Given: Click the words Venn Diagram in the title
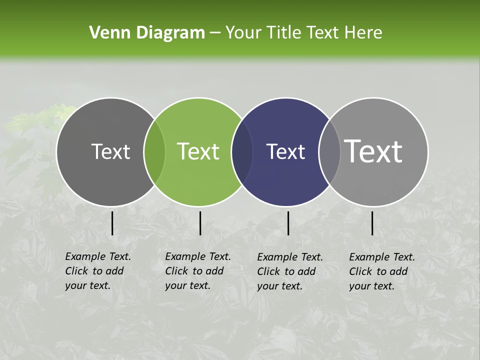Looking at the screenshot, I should [x=146, y=33].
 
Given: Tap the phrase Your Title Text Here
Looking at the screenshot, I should [x=303, y=33].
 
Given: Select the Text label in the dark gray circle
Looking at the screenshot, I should [x=110, y=151].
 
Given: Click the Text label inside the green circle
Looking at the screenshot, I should [x=198, y=151].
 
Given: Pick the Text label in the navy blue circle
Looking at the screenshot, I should [x=285, y=151].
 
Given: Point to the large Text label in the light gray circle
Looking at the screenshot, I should [x=373, y=151].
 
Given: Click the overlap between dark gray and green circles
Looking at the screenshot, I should [x=154, y=152].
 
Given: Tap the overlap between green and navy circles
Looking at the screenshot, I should [x=242, y=152].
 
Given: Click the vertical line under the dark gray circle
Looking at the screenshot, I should [x=112, y=223].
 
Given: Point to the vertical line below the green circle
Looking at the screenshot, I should [x=200, y=223].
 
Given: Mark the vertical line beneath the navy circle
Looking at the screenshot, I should [x=288, y=223].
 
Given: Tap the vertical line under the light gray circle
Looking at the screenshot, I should [x=372, y=223].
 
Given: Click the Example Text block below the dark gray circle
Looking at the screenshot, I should [x=97, y=271].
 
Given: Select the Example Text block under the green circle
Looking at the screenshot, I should [x=197, y=271].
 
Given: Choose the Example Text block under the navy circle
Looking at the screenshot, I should [x=289, y=271].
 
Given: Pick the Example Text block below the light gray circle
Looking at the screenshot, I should [x=381, y=271].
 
